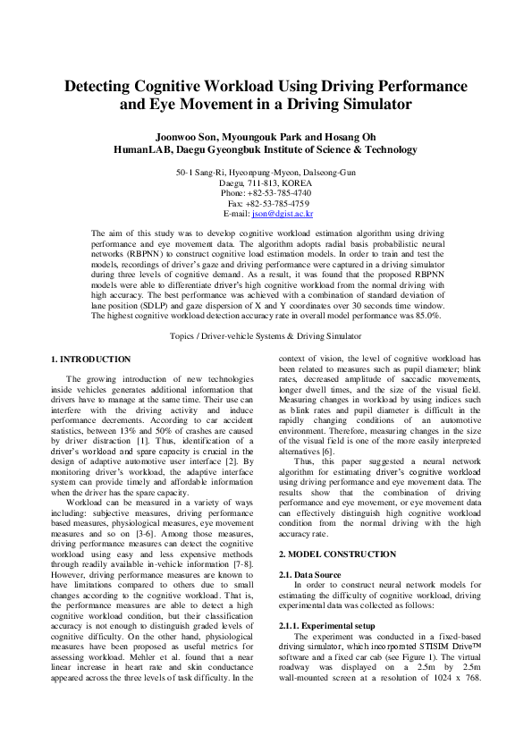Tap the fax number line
tap(266, 203)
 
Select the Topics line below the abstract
tap(266, 336)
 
